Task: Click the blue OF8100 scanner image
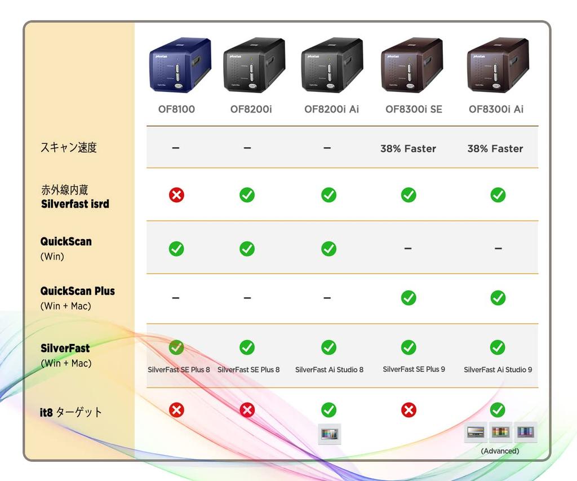click(180, 65)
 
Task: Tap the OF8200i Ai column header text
click(331, 109)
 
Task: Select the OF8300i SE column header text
click(414, 109)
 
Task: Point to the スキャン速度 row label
click(68, 148)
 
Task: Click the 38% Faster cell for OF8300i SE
click(408, 149)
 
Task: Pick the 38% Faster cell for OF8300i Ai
click(495, 149)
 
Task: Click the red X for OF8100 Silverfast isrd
click(176, 195)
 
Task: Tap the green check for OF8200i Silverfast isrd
click(247, 195)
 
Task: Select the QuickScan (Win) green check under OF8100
click(176, 249)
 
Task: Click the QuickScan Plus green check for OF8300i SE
click(409, 298)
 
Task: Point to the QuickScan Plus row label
click(77, 292)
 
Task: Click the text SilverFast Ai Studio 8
click(329, 370)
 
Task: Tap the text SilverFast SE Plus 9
click(414, 369)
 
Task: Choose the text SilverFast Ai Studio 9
click(498, 370)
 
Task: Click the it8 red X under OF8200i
click(247, 410)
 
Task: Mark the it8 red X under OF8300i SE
click(409, 410)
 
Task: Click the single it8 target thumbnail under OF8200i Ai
click(329, 434)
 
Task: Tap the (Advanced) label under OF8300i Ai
click(500, 451)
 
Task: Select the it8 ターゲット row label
click(71, 412)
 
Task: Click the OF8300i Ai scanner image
click(498, 65)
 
